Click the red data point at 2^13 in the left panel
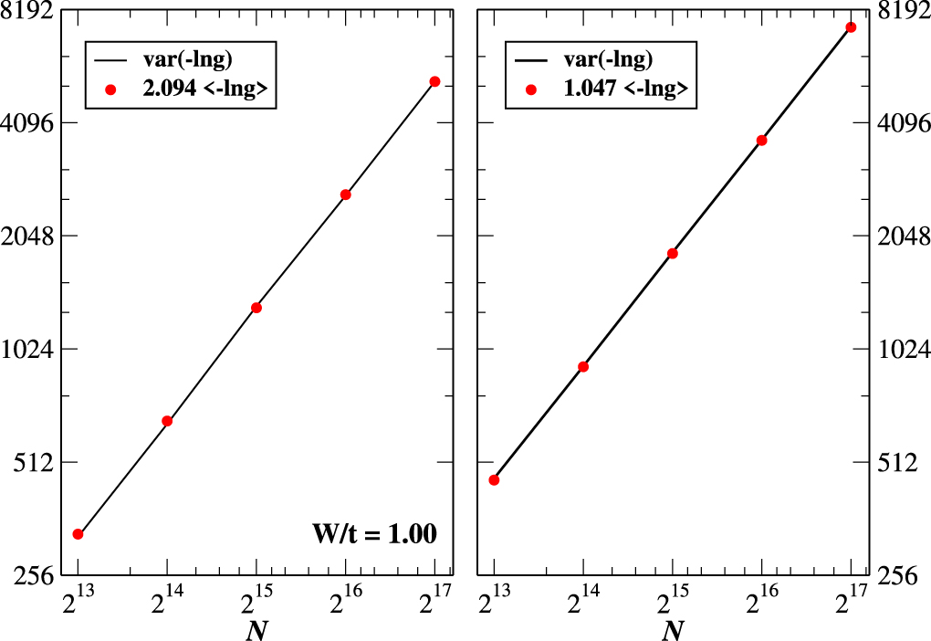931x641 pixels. click(x=78, y=534)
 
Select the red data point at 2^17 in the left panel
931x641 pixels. click(x=435, y=81)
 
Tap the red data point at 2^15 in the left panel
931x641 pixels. click(x=256, y=308)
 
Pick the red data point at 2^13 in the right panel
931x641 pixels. click(x=494, y=479)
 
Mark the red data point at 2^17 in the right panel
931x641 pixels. click(x=851, y=27)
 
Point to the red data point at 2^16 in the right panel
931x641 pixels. click(x=761, y=141)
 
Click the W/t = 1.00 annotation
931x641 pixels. click(x=377, y=533)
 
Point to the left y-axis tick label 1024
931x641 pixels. click(x=28, y=350)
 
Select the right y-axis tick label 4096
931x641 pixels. click(x=903, y=122)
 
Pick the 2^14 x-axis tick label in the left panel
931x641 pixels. click(x=166, y=603)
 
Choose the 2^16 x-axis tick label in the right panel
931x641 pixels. click(x=760, y=603)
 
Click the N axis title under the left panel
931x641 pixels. click(x=256, y=630)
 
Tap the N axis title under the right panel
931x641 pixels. click(x=672, y=630)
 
